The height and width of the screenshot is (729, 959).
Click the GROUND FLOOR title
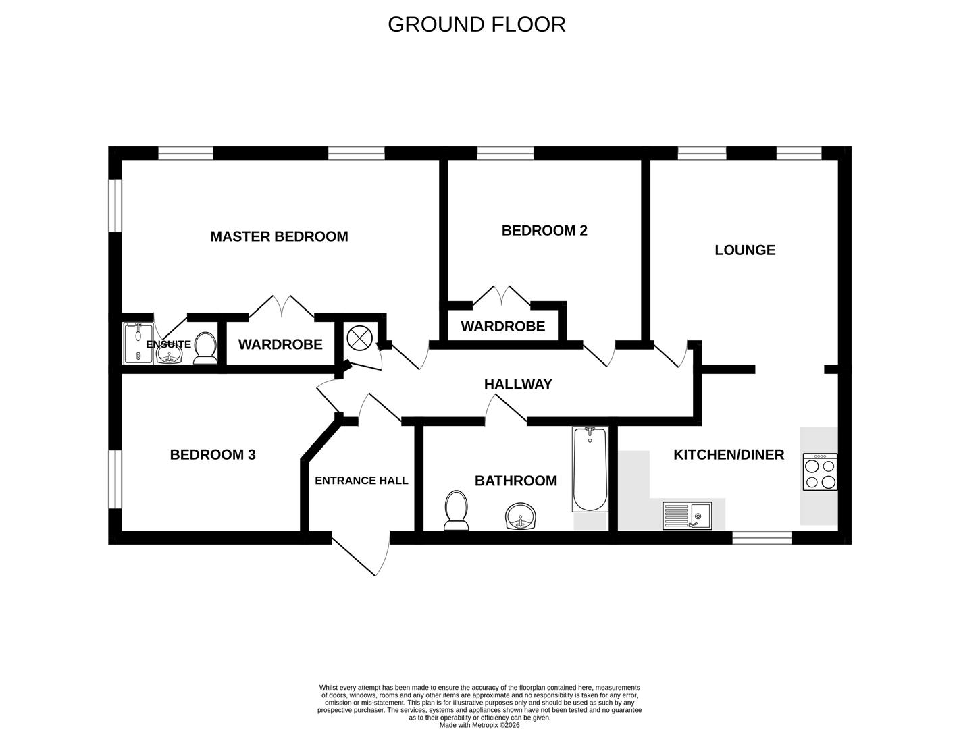(476, 24)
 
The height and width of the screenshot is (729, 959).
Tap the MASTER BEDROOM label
(279, 236)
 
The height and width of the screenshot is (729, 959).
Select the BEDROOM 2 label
(544, 230)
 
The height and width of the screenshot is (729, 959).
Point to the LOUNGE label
(745, 250)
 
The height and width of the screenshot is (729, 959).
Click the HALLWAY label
(518, 383)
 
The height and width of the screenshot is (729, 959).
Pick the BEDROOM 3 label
(213, 454)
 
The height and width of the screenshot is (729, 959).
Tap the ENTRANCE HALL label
(361, 480)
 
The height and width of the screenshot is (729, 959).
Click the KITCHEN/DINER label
(729, 454)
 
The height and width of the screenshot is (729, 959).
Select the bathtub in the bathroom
(590, 469)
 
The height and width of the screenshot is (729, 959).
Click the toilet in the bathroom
(456, 510)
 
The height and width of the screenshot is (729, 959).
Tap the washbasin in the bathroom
(520, 517)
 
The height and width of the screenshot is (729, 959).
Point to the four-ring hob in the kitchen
(820, 472)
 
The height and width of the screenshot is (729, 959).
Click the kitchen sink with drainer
(688, 516)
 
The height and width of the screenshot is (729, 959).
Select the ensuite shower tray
(138, 343)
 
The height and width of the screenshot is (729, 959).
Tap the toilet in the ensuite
(205, 348)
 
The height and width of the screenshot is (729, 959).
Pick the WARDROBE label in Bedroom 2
(503, 326)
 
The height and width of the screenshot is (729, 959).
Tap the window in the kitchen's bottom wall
(762, 538)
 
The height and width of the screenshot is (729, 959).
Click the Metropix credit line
(479, 725)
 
